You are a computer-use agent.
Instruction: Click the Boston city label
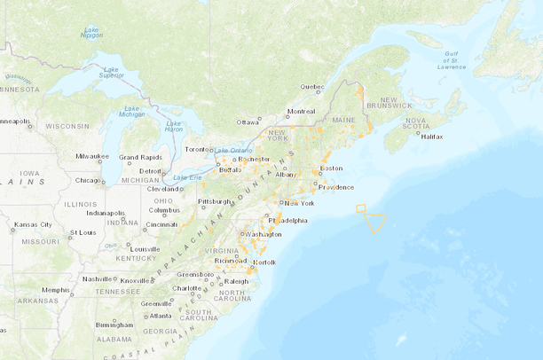331,168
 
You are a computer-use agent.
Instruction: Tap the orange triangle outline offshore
376,222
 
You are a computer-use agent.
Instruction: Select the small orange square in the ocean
360,209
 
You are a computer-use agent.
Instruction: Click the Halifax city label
432,137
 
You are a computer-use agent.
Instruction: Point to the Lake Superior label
111,73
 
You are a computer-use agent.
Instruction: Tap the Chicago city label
88,180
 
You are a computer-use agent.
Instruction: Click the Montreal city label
301,112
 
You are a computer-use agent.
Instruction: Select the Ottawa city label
248,121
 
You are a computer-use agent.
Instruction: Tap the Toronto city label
197,149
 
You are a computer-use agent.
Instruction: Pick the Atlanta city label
161,316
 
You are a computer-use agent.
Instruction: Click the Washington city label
264,234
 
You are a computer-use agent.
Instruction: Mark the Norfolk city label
264,262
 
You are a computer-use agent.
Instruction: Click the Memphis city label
55,290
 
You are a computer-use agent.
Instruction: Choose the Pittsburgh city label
214,201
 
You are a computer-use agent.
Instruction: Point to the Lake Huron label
174,126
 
